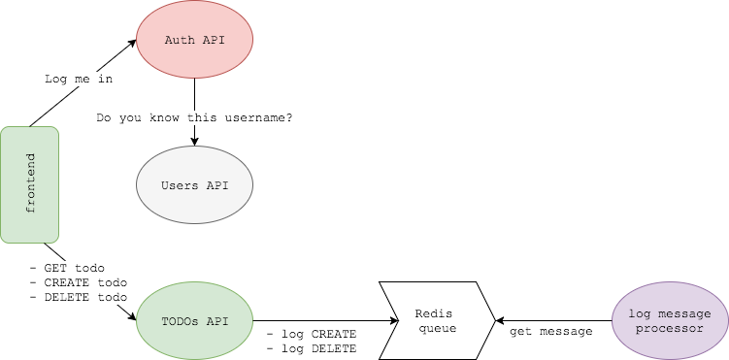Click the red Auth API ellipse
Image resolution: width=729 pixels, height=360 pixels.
click(x=194, y=40)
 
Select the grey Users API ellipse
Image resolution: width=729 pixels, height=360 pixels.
click(x=194, y=185)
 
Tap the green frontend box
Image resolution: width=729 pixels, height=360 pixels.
click(x=30, y=184)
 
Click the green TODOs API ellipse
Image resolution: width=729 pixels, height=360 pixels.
click(x=194, y=320)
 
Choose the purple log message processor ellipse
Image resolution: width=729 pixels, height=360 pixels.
click(x=670, y=320)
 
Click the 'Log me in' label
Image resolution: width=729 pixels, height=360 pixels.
click(x=79, y=79)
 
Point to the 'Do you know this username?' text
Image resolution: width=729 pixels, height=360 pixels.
click(x=194, y=117)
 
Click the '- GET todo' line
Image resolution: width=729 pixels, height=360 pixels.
click(x=67, y=268)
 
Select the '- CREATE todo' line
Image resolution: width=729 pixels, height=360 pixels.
click(x=78, y=282)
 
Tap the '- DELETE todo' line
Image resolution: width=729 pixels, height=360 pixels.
click(x=78, y=297)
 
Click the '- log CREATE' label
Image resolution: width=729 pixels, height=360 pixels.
click(x=311, y=334)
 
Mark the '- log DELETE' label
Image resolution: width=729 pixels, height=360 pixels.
click(x=311, y=348)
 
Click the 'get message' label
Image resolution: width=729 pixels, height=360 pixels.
click(x=551, y=331)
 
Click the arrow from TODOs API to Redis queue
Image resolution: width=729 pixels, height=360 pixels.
click(x=320, y=320)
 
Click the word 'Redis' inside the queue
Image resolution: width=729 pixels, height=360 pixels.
click(x=434, y=313)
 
